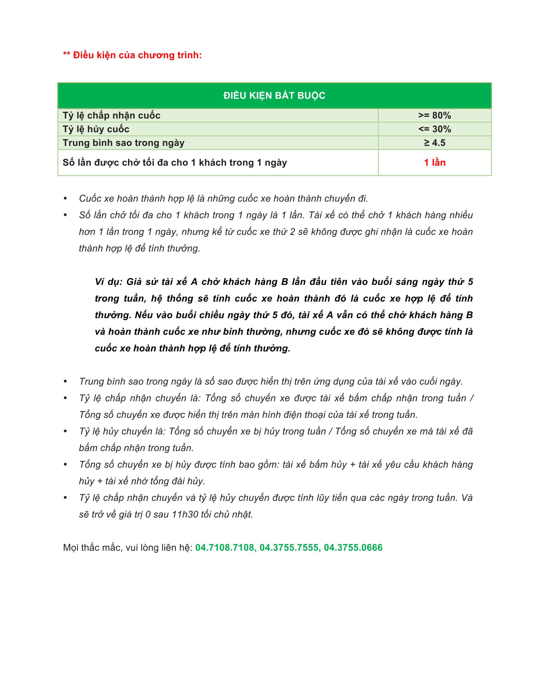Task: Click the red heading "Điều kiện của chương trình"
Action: (x=137, y=55)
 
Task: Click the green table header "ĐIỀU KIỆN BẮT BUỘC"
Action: (x=274, y=96)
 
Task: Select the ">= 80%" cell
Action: (x=434, y=115)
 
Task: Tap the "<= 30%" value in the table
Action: (x=434, y=129)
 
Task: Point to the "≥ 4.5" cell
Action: (x=434, y=143)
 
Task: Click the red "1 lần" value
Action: (x=434, y=162)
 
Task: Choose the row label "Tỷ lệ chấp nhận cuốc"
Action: (x=111, y=115)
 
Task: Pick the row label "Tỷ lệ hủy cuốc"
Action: (x=96, y=129)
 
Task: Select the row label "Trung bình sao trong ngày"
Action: (x=124, y=143)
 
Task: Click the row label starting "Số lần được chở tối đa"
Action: (x=175, y=162)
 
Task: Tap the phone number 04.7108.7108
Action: (x=225, y=548)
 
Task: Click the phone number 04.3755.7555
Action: (x=289, y=548)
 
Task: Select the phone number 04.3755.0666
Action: (x=353, y=548)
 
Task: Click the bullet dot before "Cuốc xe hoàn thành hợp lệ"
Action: (x=65, y=199)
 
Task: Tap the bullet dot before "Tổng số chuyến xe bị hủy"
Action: (x=65, y=465)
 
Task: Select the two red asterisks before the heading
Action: (x=66, y=54)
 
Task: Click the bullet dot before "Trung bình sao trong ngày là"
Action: (x=65, y=381)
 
